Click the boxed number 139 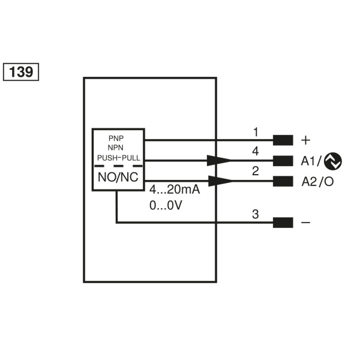click(x=22, y=71)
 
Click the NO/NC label click(x=118, y=177)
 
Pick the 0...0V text click(x=165, y=204)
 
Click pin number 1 click(x=256, y=132)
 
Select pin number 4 click(x=256, y=151)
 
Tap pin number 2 click(x=256, y=172)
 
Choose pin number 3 click(x=256, y=214)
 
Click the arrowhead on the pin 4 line click(x=219, y=160)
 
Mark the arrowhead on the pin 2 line click(x=219, y=181)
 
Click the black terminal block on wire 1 click(x=283, y=140)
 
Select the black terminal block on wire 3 click(x=283, y=223)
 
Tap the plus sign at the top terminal click(x=305, y=140)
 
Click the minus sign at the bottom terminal click(x=305, y=223)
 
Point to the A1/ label click(x=311, y=161)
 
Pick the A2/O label click(x=317, y=181)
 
